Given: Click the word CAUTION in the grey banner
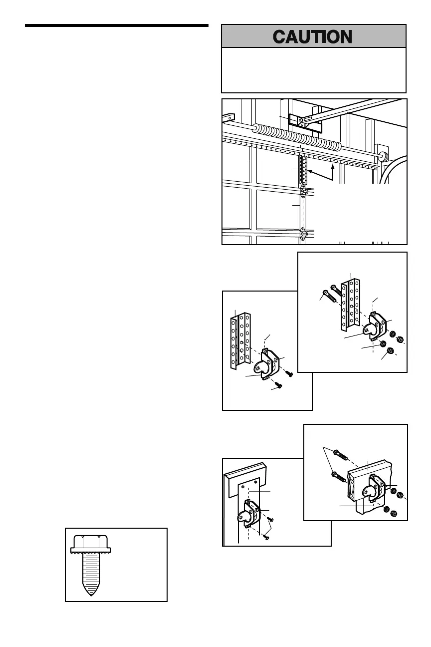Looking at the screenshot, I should (314, 36).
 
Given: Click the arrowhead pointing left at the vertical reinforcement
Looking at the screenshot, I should (311, 172).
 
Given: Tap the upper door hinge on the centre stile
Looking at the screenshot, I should (303, 192).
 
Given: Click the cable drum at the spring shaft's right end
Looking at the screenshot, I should (383, 156).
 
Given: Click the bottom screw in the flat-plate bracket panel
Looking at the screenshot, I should (266, 537).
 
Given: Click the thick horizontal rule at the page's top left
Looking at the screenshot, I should (116, 25).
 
